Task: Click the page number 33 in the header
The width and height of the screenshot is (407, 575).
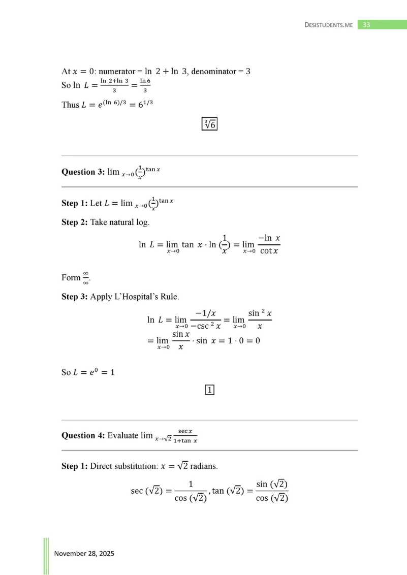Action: tap(367, 24)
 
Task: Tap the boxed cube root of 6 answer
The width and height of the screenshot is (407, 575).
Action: tap(209, 123)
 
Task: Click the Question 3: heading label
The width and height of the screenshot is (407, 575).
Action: tap(82, 172)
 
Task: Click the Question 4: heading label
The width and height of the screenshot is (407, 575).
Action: tap(82, 435)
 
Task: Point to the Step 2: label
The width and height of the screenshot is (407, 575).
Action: tap(74, 222)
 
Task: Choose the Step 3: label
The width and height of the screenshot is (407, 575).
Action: tap(74, 296)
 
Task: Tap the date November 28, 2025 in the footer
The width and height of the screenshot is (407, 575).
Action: tap(84, 553)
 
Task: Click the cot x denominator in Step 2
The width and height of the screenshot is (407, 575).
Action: tap(269, 250)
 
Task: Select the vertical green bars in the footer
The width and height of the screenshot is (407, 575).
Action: tap(46, 556)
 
